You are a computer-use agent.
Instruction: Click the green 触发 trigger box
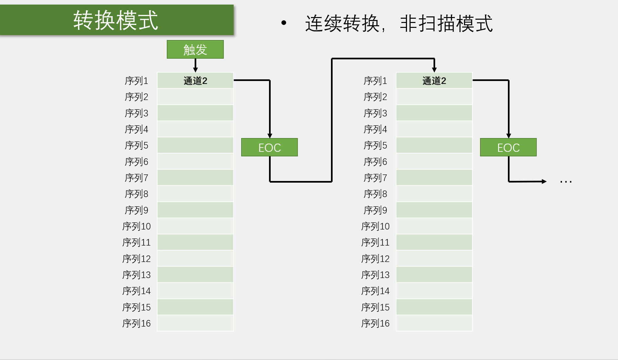(195, 50)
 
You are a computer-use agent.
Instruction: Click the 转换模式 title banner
(116, 20)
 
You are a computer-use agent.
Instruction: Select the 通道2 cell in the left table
(195, 81)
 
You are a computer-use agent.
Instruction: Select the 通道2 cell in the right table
(434, 81)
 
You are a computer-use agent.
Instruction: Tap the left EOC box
(269, 148)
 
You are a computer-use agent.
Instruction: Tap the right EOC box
(508, 148)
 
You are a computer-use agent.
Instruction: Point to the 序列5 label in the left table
(136, 145)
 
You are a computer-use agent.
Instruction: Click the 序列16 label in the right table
(375, 323)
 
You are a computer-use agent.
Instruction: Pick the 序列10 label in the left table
(136, 226)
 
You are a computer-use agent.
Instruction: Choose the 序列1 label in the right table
(375, 81)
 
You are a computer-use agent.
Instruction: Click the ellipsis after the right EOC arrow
(566, 181)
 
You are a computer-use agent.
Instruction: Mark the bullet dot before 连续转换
(284, 23)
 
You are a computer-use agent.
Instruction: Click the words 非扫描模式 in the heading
(446, 23)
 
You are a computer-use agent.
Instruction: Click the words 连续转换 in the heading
(342, 23)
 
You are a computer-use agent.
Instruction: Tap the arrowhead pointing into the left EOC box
(270, 136)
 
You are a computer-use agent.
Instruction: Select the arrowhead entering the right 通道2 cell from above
(434, 70)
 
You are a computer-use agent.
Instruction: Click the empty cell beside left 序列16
(195, 323)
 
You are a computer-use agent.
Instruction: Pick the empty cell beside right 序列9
(434, 210)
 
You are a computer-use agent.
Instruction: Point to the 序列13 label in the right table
(375, 275)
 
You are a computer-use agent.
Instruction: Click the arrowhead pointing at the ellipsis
(544, 181)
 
